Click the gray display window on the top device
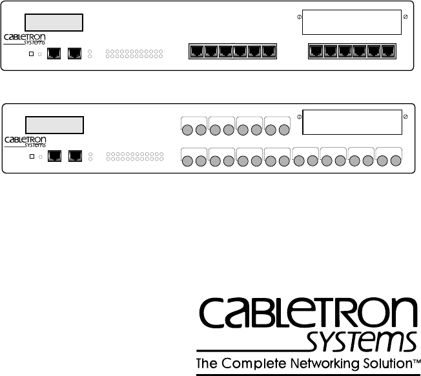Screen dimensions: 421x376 click(54, 23)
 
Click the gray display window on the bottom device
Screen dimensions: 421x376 click(54, 124)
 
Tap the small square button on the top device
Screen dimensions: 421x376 click(31, 53)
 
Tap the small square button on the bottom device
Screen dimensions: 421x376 click(31, 155)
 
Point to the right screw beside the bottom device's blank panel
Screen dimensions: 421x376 click(405, 117)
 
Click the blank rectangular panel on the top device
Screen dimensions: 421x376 click(352, 23)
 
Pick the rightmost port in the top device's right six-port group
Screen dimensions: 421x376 click(387, 50)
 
